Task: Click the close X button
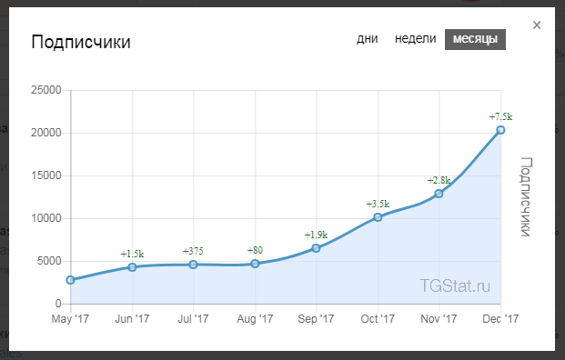[x=537, y=25]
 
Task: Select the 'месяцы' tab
[x=475, y=39]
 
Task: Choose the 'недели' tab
[x=415, y=38]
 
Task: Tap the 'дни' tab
[x=368, y=38]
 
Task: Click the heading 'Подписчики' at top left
[x=81, y=42]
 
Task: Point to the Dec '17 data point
[x=500, y=130]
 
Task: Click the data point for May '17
[x=71, y=280]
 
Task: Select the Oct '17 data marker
[x=378, y=217]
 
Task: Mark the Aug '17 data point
[x=255, y=264]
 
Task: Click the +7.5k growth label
[x=500, y=116]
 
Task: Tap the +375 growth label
[x=193, y=251]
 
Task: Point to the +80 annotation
[x=255, y=250]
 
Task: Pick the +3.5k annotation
[x=378, y=205]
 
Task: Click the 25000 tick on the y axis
[x=46, y=90]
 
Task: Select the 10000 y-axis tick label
[x=46, y=218]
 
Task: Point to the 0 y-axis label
[x=58, y=304]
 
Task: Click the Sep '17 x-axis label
[x=316, y=319]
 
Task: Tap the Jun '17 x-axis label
[x=132, y=319]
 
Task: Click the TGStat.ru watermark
[x=455, y=285]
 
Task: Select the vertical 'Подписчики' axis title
[x=526, y=196]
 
